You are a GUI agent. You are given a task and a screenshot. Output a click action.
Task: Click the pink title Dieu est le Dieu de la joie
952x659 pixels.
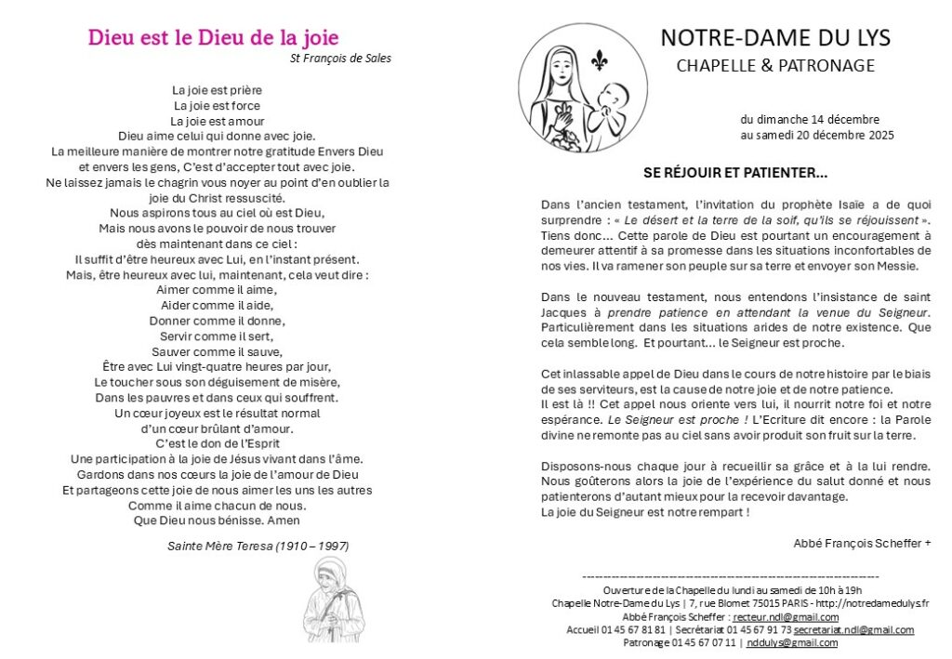point(213,38)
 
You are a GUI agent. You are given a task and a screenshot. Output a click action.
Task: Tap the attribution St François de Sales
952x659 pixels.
point(340,59)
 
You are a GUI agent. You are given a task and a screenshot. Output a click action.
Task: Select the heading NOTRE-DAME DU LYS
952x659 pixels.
point(774,38)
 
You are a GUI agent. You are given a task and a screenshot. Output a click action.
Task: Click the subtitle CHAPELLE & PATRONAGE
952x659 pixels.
point(774,66)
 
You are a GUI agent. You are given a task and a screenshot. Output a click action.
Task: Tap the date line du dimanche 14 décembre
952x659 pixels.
point(810,120)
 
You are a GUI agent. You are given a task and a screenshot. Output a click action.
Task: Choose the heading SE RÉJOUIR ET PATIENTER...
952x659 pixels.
point(735,173)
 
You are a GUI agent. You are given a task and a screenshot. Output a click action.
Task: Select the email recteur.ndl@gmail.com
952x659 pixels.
point(786,617)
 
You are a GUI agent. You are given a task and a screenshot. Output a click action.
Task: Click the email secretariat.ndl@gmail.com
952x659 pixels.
point(853,630)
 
